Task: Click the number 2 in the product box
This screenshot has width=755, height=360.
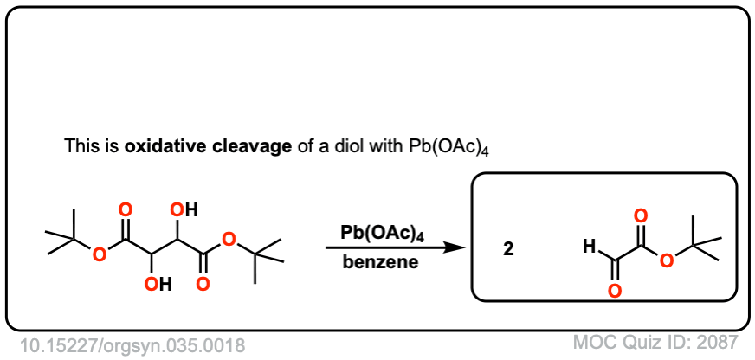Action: tap(508, 249)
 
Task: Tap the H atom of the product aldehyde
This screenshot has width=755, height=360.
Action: tap(588, 247)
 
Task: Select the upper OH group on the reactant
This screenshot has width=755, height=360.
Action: tap(184, 209)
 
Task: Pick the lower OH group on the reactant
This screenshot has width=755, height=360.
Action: tap(158, 282)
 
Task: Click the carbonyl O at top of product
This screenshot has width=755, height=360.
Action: tap(640, 215)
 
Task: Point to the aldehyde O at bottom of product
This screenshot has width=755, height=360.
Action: tap(614, 291)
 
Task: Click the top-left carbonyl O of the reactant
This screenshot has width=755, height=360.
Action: tap(127, 210)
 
